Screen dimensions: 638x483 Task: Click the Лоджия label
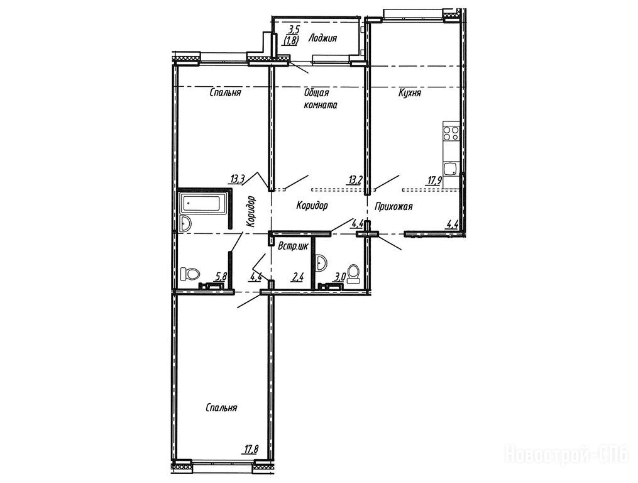(x=322, y=38)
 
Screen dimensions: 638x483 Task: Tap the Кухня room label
(x=410, y=93)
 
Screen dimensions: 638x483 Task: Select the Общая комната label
(x=321, y=99)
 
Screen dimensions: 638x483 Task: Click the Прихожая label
(x=393, y=206)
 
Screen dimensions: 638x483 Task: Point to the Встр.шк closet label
(x=292, y=246)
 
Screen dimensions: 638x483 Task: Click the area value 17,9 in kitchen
(x=434, y=180)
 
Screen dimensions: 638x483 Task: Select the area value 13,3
(x=238, y=179)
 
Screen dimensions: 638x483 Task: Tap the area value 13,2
(x=355, y=180)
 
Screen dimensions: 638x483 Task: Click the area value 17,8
(x=251, y=449)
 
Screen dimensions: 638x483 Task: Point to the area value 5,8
(x=221, y=277)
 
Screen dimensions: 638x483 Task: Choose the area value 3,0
(x=340, y=277)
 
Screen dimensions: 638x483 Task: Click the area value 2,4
(x=297, y=278)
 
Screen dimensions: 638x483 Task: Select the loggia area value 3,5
(x=294, y=30)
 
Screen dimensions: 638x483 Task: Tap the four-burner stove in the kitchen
(x=451, y=132)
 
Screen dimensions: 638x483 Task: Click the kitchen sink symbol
(x=451, y=169)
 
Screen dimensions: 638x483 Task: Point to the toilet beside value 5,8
(x=189, y=274)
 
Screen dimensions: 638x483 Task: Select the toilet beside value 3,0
(x=353, y=274)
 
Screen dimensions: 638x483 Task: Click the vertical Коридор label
(x=251, y=211)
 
